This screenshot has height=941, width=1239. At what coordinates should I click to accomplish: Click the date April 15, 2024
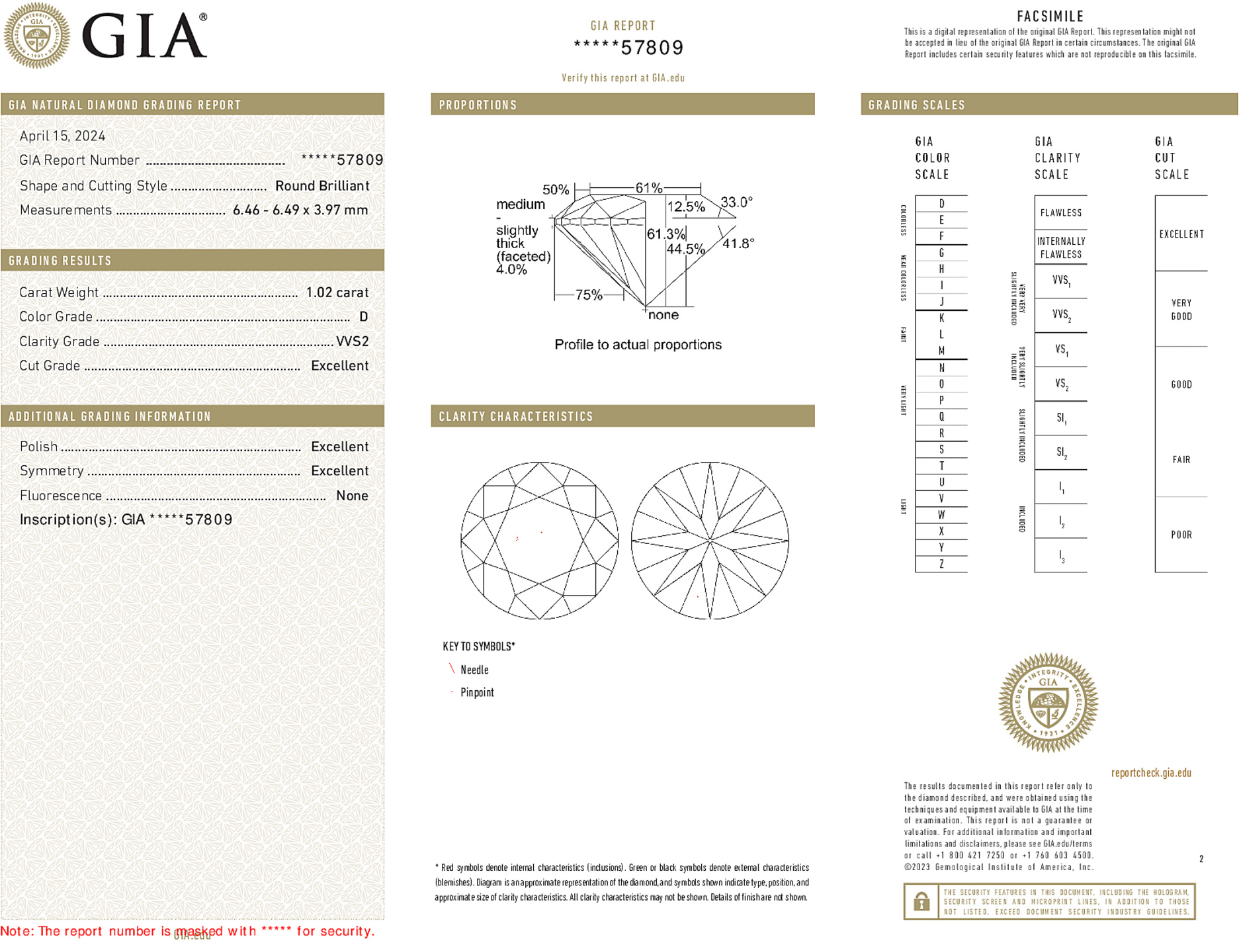(62, 136)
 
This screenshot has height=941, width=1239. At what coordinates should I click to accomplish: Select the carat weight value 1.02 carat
(337, 292)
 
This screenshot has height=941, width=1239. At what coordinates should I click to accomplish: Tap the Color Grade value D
(363, 317)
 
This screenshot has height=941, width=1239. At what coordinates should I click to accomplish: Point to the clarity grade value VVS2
(352, 341)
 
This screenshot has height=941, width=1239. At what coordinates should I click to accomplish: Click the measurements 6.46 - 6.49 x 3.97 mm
(300, 210)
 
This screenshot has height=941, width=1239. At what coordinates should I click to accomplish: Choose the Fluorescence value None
(352, 496)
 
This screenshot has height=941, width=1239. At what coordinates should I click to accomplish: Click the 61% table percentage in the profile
(648, 188)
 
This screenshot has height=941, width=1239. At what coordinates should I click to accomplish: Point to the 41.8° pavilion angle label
(738, 244)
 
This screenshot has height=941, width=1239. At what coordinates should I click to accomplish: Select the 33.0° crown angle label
(736, 202)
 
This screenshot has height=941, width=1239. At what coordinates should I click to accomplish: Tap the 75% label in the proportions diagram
(588, 295)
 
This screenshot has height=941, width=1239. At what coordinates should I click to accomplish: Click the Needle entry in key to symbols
(474, 670)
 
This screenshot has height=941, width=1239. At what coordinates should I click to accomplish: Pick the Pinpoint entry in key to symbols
(477, 692)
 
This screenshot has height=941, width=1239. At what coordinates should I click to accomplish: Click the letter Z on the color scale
(941, 564)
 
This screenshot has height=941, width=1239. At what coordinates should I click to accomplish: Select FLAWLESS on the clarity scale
(1060, 213)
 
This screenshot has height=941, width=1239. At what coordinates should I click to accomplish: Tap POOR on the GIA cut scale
(1181, 535)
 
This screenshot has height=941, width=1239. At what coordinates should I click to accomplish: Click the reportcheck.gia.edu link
(1150, 773)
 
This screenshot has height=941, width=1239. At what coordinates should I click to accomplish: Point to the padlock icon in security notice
(921, 901)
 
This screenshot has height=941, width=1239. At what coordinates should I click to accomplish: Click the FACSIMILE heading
(1050, 17)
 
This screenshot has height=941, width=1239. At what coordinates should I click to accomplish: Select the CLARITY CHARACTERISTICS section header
(516, 417)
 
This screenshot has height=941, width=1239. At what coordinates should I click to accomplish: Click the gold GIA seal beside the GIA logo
(36, 36)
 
